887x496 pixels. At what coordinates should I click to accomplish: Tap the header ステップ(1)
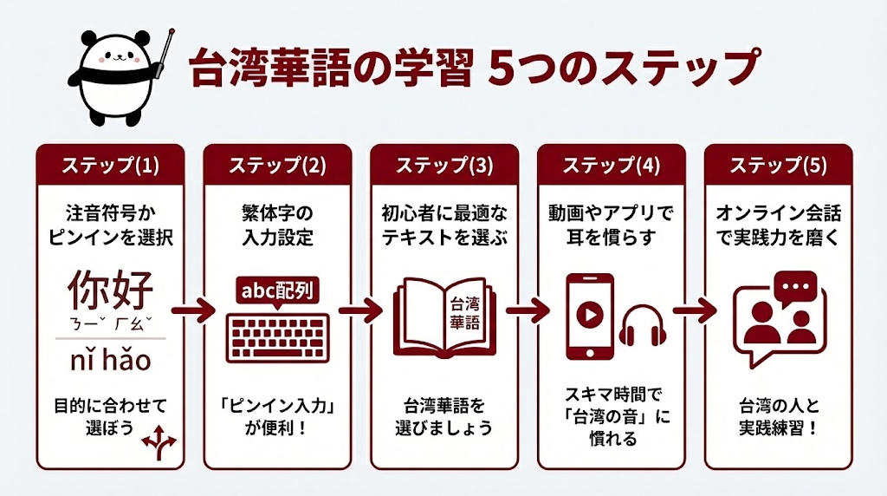[x=110, y=165]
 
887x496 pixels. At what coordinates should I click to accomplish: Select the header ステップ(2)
[x=277, y=165]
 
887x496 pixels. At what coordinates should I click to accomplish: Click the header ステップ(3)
[x=443, y=165]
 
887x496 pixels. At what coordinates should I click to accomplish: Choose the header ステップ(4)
[x=611, y=165]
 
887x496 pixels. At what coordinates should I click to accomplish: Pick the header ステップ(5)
[x=777, y=165]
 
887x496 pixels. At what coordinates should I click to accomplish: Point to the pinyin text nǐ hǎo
[x=110, y=358]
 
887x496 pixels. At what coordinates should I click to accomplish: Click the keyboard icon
[x=277, y=332]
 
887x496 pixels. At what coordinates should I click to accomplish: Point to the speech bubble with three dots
[x=794, y=287]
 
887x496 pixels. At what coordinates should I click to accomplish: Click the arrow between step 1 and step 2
[x=192, y=310]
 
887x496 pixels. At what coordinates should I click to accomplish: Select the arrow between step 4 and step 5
[x=693, y=310]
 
